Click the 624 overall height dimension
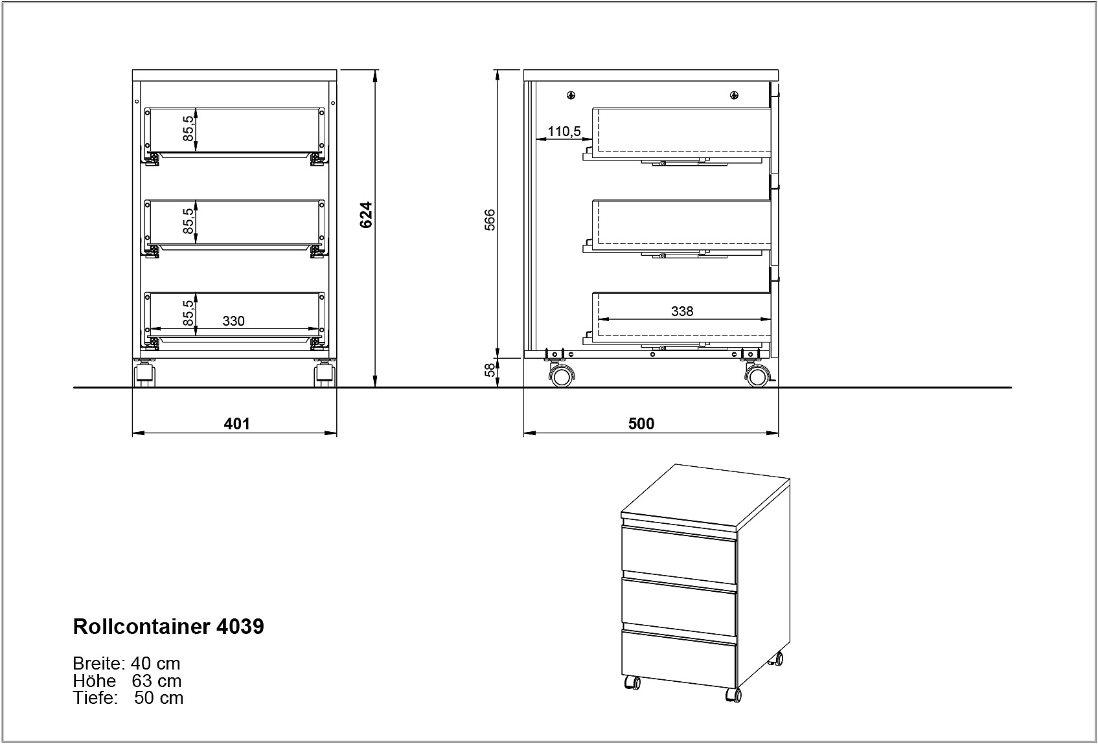click(x=366, y=215)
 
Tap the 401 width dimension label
click(x=236, y=423)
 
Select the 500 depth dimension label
click(x=641, y=423)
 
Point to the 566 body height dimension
click(x=490, y=220)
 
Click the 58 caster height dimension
click(x=490, y=370)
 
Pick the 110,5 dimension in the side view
click(x=564, y=131)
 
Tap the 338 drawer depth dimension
click(x=682, y=311)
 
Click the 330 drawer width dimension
click(x=233, y=321)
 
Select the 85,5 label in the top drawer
click(x=189, y=128)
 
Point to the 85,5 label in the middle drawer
click(x=189, y=221)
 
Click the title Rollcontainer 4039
click(x=168, y=626)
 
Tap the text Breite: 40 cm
click(x=126, y=663)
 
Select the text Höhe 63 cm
click(x=127, y=681)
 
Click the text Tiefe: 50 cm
click(x=128, y=697)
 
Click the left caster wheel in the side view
click(x=562, y=376)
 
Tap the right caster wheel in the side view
click(x=757, y=376)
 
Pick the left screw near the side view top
click(x=571, y=96)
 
